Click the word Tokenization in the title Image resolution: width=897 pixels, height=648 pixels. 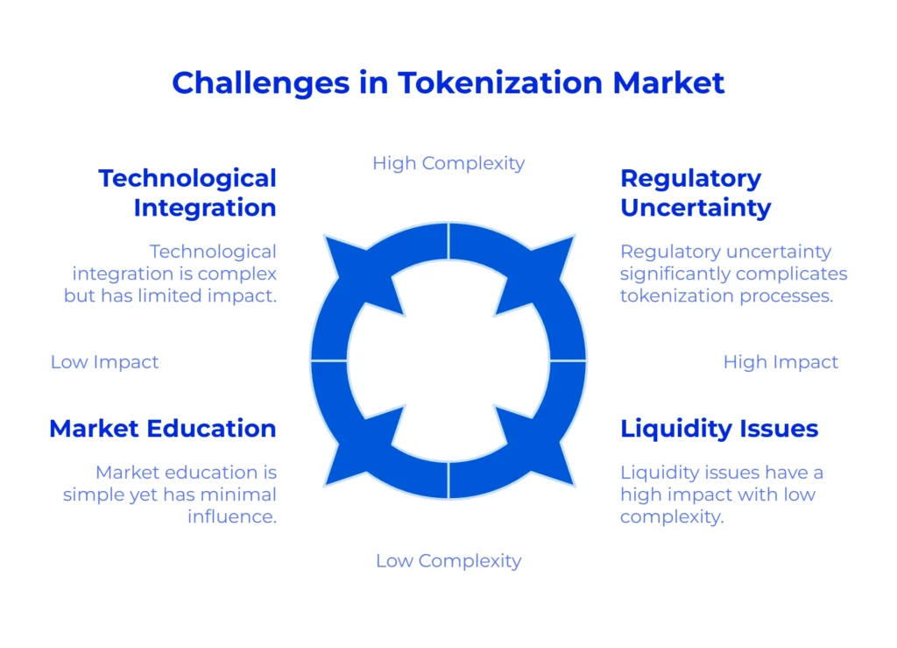click(x=500, y=82)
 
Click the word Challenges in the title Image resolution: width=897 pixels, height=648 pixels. click(x=261, y=83)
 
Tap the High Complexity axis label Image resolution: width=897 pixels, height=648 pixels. click(x=448, y=164)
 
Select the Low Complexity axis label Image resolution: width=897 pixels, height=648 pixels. click(x=448, y=561)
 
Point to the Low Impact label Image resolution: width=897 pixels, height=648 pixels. click(x=105, y=362)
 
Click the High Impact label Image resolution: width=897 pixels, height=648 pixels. click(x=780, y=362)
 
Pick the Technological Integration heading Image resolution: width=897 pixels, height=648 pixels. click(x=187, y=193)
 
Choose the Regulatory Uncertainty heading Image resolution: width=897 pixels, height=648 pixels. click(x=696, y=193)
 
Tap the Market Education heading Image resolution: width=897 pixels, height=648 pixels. click(x=163, y=428)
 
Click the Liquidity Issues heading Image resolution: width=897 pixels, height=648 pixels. click(x=719, y=429)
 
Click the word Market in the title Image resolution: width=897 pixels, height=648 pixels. click(x=668, y=82)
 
